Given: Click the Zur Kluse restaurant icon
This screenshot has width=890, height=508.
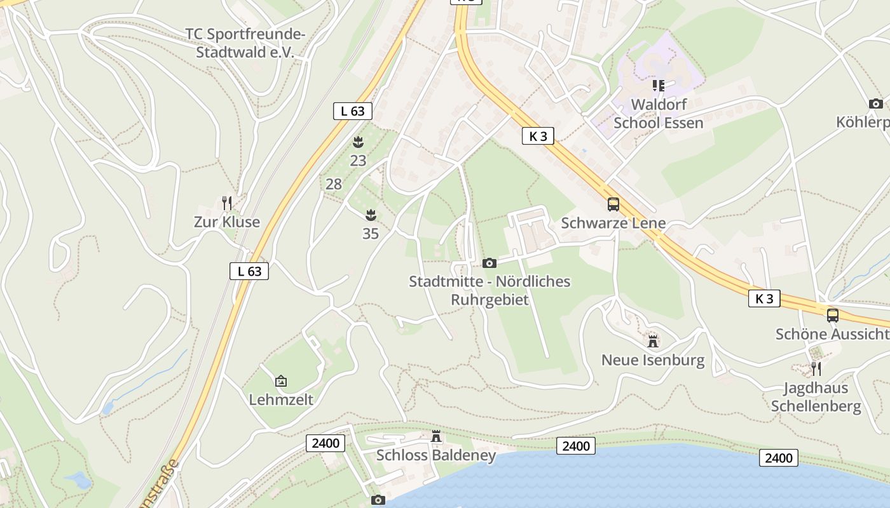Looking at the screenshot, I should pos(226,203).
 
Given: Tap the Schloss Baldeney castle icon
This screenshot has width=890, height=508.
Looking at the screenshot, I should pos(436,437).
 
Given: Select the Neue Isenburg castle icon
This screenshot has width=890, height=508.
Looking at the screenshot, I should pos(653,341).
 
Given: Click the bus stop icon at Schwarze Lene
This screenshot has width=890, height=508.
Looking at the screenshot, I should pos(613,204).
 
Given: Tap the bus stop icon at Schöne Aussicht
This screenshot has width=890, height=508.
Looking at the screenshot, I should pos(832,315).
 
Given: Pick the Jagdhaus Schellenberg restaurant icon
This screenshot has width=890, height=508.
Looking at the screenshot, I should pos(816,368).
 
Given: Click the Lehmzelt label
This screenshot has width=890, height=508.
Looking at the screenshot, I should pos(280,400).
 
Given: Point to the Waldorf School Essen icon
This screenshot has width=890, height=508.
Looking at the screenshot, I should pos(658,85).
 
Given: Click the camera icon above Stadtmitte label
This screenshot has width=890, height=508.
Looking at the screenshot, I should pos(489,263).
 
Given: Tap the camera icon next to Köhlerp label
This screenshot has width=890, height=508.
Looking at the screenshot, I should pos(875,104).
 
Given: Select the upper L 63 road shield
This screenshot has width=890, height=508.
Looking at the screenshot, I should pos(352,111).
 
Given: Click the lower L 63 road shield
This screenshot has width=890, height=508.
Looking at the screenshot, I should pos(249,271).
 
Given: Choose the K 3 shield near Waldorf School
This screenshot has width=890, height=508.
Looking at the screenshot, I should pos(538,136).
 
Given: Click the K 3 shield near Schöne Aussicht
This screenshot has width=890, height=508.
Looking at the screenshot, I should pos(764,298).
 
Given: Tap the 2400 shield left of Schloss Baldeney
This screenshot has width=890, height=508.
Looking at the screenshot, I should pos(325,443).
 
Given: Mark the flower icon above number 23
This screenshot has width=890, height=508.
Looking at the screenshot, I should pos(358,142).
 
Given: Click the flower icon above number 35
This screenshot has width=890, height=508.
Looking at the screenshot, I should pos(371,215).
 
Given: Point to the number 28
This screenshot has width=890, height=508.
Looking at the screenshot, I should pos(334,185).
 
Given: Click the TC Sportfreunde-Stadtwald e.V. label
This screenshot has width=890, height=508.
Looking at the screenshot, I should pos(245,43).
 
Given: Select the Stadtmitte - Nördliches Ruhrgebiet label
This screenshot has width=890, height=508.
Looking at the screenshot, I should pos(489,290).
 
